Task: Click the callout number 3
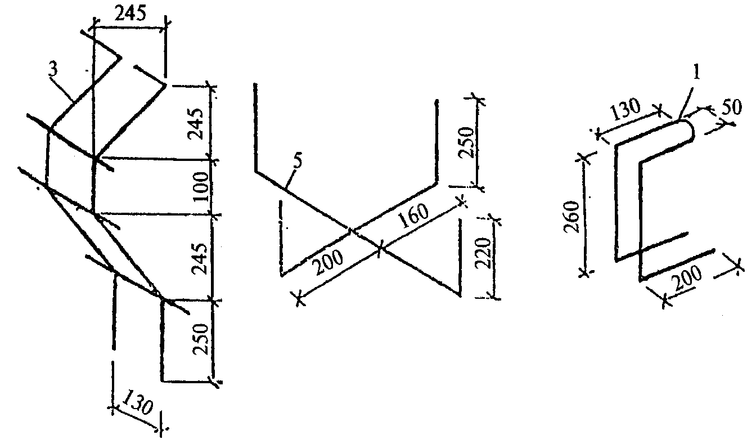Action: point(53,70)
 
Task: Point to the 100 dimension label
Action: point(201,186)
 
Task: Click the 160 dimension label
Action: point(413,216)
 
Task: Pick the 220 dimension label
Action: point(483,253)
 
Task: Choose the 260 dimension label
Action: point(571,217)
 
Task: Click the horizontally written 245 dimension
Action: point(130,14)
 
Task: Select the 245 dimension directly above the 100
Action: point(196,124)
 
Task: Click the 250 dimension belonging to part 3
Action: point(200,339)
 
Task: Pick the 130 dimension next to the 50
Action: point(625,109)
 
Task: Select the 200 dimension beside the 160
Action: point(328,263)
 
